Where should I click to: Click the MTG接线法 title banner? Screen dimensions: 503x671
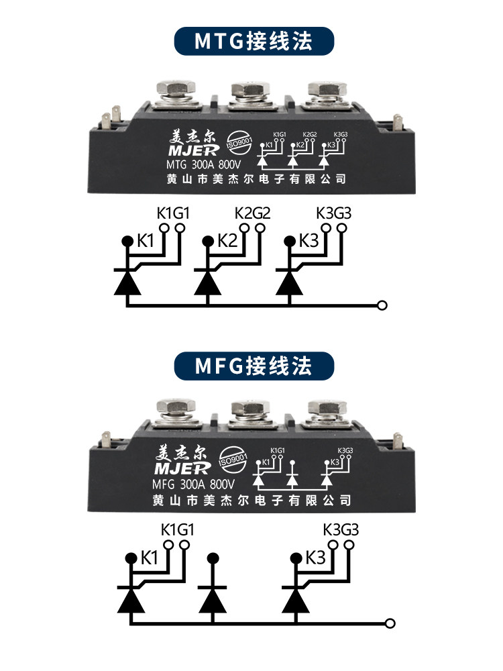[x=254, y=42]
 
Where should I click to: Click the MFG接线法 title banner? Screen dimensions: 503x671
[x=254, y=366]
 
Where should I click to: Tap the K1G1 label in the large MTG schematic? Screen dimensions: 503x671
[x=173, y=214]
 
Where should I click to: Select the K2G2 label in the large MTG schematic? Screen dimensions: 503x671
[x=253, y=214]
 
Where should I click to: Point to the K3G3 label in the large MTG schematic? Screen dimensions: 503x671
[x=333, y=214]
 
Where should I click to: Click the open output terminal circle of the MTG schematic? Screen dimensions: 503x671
[x=382, y=306]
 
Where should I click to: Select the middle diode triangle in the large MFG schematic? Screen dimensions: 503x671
[x=214, y=597]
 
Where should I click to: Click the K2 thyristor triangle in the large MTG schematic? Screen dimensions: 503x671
[x=207, y=282]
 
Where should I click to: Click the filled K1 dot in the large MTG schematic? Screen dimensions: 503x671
[x=126, y=240]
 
